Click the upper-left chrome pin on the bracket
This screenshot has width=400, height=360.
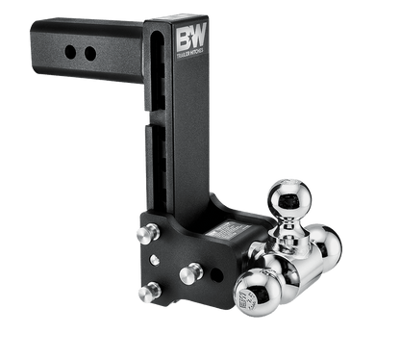point(146,234)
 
